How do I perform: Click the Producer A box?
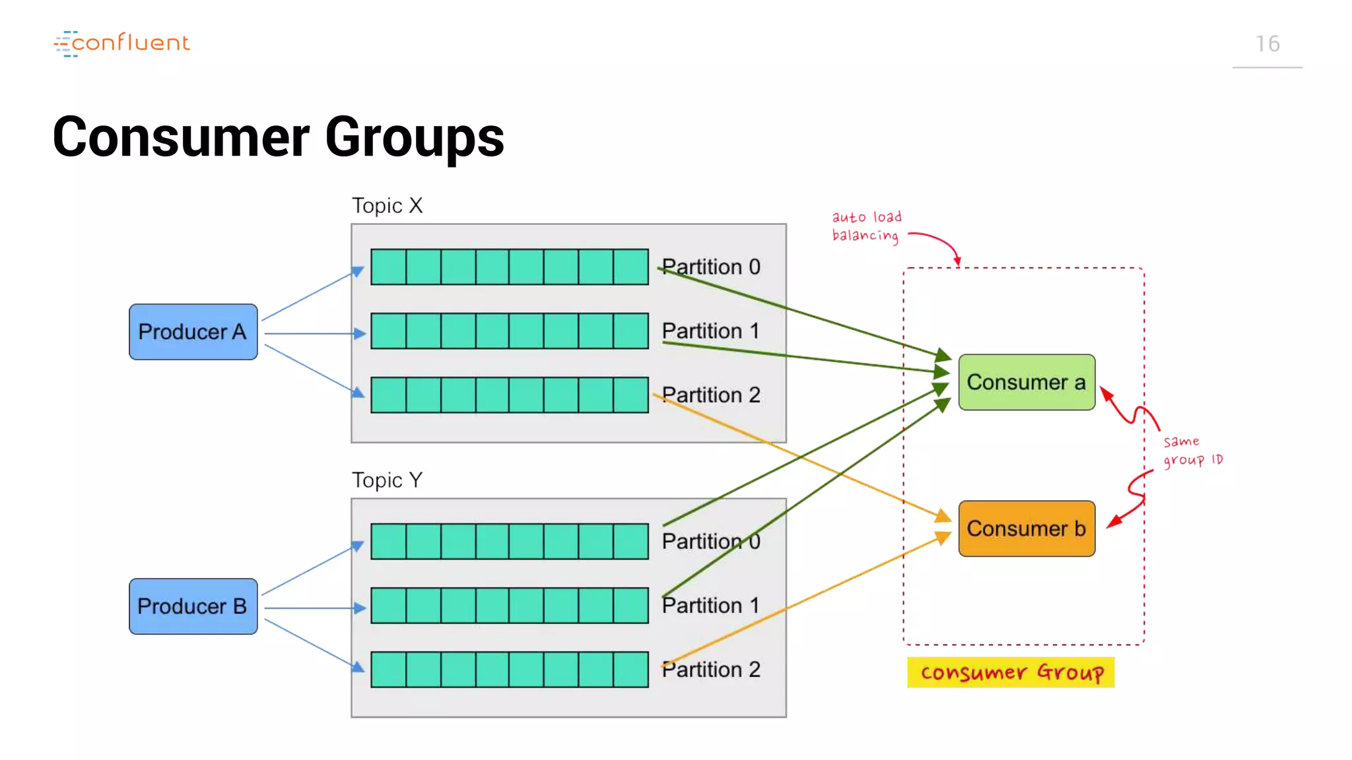click(193, 332)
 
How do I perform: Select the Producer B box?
click(193, 606)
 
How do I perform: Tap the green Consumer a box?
click(1026, 383)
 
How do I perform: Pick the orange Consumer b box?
click(1026, 528)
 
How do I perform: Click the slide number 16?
click(1267, 44)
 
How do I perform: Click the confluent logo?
click(122, 44)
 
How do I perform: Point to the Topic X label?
click(387, 206)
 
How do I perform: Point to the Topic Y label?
click(387, 480)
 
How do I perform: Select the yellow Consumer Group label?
click(1011, 672)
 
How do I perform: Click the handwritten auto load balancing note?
click(865, 226)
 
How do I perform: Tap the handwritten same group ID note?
click(1192, 451)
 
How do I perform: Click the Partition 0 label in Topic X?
click(711, 267)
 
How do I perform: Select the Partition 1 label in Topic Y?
click(711, 606)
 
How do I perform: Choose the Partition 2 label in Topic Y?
click(711, 670)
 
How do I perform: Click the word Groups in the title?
click(415, 137)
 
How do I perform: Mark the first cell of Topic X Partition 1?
click(388, 331)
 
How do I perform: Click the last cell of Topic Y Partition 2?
click(630, 670)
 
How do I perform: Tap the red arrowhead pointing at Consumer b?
click(1113, 522)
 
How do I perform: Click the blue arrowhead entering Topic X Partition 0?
click(358, 271)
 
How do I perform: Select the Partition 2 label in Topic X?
click(711, 395)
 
